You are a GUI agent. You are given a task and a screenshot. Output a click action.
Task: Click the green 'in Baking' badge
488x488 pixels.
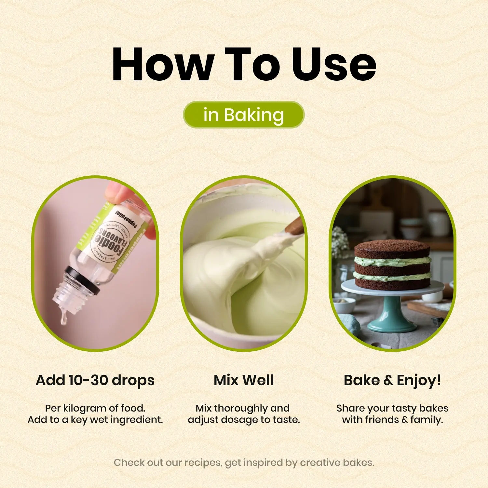pos(244,115)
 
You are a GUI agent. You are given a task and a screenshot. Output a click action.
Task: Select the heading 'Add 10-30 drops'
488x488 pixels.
pos(95,380)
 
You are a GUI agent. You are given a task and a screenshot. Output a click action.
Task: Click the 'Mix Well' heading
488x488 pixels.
pos(244,380)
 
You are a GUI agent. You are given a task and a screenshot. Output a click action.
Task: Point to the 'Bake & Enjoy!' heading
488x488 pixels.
pos(392,380)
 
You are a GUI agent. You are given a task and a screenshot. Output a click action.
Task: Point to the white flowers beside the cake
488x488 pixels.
pos(340,242)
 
